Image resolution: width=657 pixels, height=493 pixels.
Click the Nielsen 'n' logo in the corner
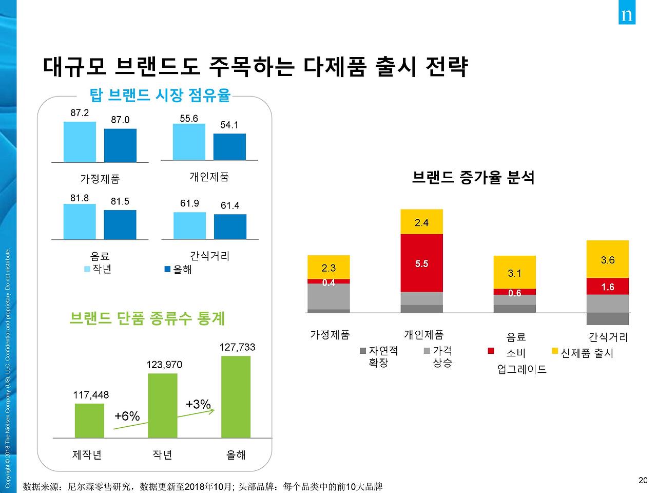(x=626, y=14)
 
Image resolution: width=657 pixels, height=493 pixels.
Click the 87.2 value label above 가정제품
(x=80, y=113)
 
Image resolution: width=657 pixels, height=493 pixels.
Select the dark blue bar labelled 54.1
(x=229, y=147)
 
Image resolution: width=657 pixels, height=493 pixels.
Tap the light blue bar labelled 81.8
(x=80, y=221)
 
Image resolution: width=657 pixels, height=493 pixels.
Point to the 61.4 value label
(x=230, y=205)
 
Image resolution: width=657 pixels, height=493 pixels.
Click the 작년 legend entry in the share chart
(x=98, y=269)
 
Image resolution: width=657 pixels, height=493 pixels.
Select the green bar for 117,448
(x=89, y=421)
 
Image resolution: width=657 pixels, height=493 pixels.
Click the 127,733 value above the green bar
(x=237, y=347)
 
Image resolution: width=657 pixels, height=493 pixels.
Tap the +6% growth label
(x=127, y=416)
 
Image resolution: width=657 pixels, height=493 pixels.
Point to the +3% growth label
(x=198, y=404)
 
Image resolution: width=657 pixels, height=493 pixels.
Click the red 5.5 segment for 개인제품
(x=421, y=263)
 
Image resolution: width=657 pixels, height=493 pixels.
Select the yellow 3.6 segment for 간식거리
(x=608, y=259)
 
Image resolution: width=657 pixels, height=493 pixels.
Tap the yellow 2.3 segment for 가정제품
(x=328, y=267)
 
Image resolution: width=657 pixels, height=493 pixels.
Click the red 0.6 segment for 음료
(x=514, y=292)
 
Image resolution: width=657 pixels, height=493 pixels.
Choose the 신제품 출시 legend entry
(x=583, y=353)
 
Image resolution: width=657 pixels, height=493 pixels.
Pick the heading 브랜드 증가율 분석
(x=473, y=178)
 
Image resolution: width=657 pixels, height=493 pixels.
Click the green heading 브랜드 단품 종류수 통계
(x=147, y=318)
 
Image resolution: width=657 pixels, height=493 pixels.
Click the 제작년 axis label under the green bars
(x=87, y=455)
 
